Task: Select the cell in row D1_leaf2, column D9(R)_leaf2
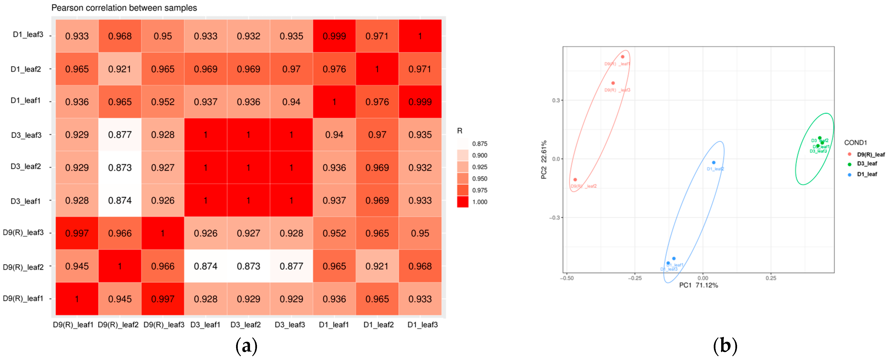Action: coord(120,69)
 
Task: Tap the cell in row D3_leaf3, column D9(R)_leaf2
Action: coord(120,135)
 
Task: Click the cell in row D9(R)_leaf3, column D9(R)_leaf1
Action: coord(77,233)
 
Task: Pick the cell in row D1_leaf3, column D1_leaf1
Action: coord(334,36)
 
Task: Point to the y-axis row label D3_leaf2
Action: coord(26,167)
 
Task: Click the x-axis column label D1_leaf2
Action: coord(378,325)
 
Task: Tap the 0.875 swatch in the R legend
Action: coord(463,144)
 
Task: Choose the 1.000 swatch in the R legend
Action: coord(463,202)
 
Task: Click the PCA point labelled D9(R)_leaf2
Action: coord(575,179)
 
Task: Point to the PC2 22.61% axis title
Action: coord(544,159)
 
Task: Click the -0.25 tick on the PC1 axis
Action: coord(634,278)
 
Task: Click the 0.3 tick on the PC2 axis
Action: coord(555,101)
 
